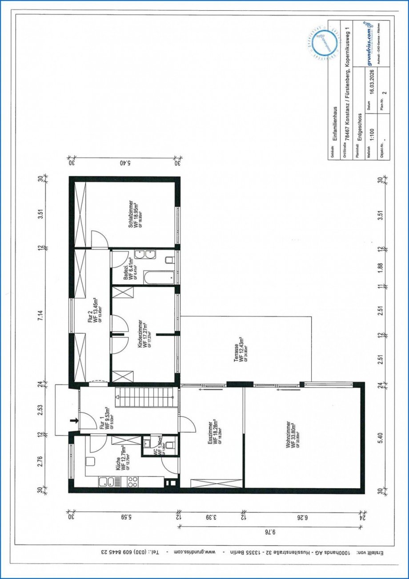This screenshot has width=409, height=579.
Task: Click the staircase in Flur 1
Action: pos(144,393)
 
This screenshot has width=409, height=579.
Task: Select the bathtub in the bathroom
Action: pos(158,278)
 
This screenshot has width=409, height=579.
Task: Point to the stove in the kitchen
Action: pos(133,481)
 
